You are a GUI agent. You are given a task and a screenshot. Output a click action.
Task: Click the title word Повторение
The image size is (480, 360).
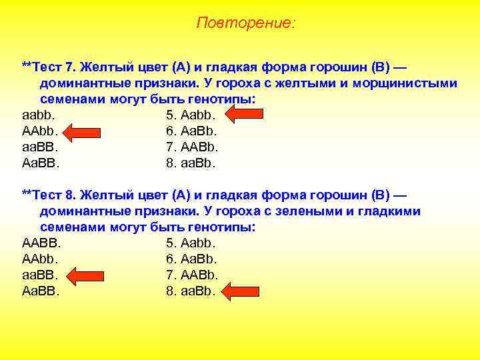click(245, 23)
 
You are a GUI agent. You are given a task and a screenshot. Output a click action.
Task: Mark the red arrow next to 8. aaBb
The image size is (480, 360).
click(241, 291)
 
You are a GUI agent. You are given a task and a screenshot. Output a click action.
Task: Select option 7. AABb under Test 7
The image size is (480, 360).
click(192, 147)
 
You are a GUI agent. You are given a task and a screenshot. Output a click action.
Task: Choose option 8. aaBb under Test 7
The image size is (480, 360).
click(191, 163)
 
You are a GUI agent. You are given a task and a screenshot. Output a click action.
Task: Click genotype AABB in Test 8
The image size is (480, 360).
click(41, 243)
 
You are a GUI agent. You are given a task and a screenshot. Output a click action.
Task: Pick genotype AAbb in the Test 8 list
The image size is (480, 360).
click(40, 259)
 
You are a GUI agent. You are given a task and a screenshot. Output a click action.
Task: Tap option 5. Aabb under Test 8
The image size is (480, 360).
click(191, 243)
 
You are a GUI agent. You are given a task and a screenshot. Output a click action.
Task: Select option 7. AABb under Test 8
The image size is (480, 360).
click(192, 275)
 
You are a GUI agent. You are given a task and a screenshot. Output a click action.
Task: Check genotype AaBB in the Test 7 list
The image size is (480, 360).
click(41, 163)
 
